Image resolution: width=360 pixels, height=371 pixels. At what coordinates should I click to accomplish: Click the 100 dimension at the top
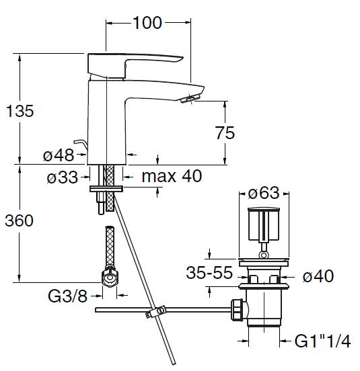147,23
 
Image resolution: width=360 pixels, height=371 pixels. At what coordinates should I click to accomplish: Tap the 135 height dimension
20,111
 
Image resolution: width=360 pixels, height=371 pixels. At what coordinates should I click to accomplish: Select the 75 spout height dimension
225,132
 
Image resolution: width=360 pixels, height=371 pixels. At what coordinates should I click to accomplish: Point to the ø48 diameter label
59,155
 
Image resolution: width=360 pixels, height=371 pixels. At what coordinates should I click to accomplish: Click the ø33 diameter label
63,177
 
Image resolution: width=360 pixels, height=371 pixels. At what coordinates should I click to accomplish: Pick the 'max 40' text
172,176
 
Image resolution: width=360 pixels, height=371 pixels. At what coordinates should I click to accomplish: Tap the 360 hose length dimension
20,220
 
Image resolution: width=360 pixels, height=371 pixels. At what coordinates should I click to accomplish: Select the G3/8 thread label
67,296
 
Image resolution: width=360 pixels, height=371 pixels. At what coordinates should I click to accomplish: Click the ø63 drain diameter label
264,193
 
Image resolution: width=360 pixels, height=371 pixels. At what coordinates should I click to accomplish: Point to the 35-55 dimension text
209,273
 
